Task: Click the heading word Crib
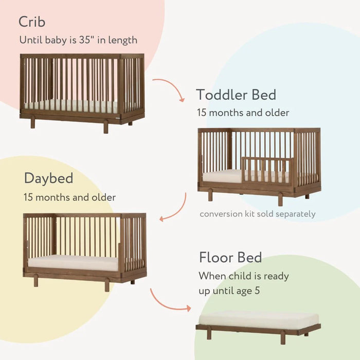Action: click(32, 22)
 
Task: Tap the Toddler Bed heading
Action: click(236, 95)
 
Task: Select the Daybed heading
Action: click(49, 178)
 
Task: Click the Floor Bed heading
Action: click(230, 257)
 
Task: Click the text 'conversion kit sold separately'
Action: click(257, 213)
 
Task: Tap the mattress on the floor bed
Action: click(259, 319)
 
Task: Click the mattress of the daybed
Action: click(73, 262)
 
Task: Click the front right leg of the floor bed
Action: click(283, 337)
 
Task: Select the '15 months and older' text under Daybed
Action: click(69, 197)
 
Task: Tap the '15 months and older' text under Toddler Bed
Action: click(243, 112)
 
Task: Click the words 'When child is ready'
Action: click(244, 276)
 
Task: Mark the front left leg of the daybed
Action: click(36, 281)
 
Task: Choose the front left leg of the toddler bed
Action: click(210, 195)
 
